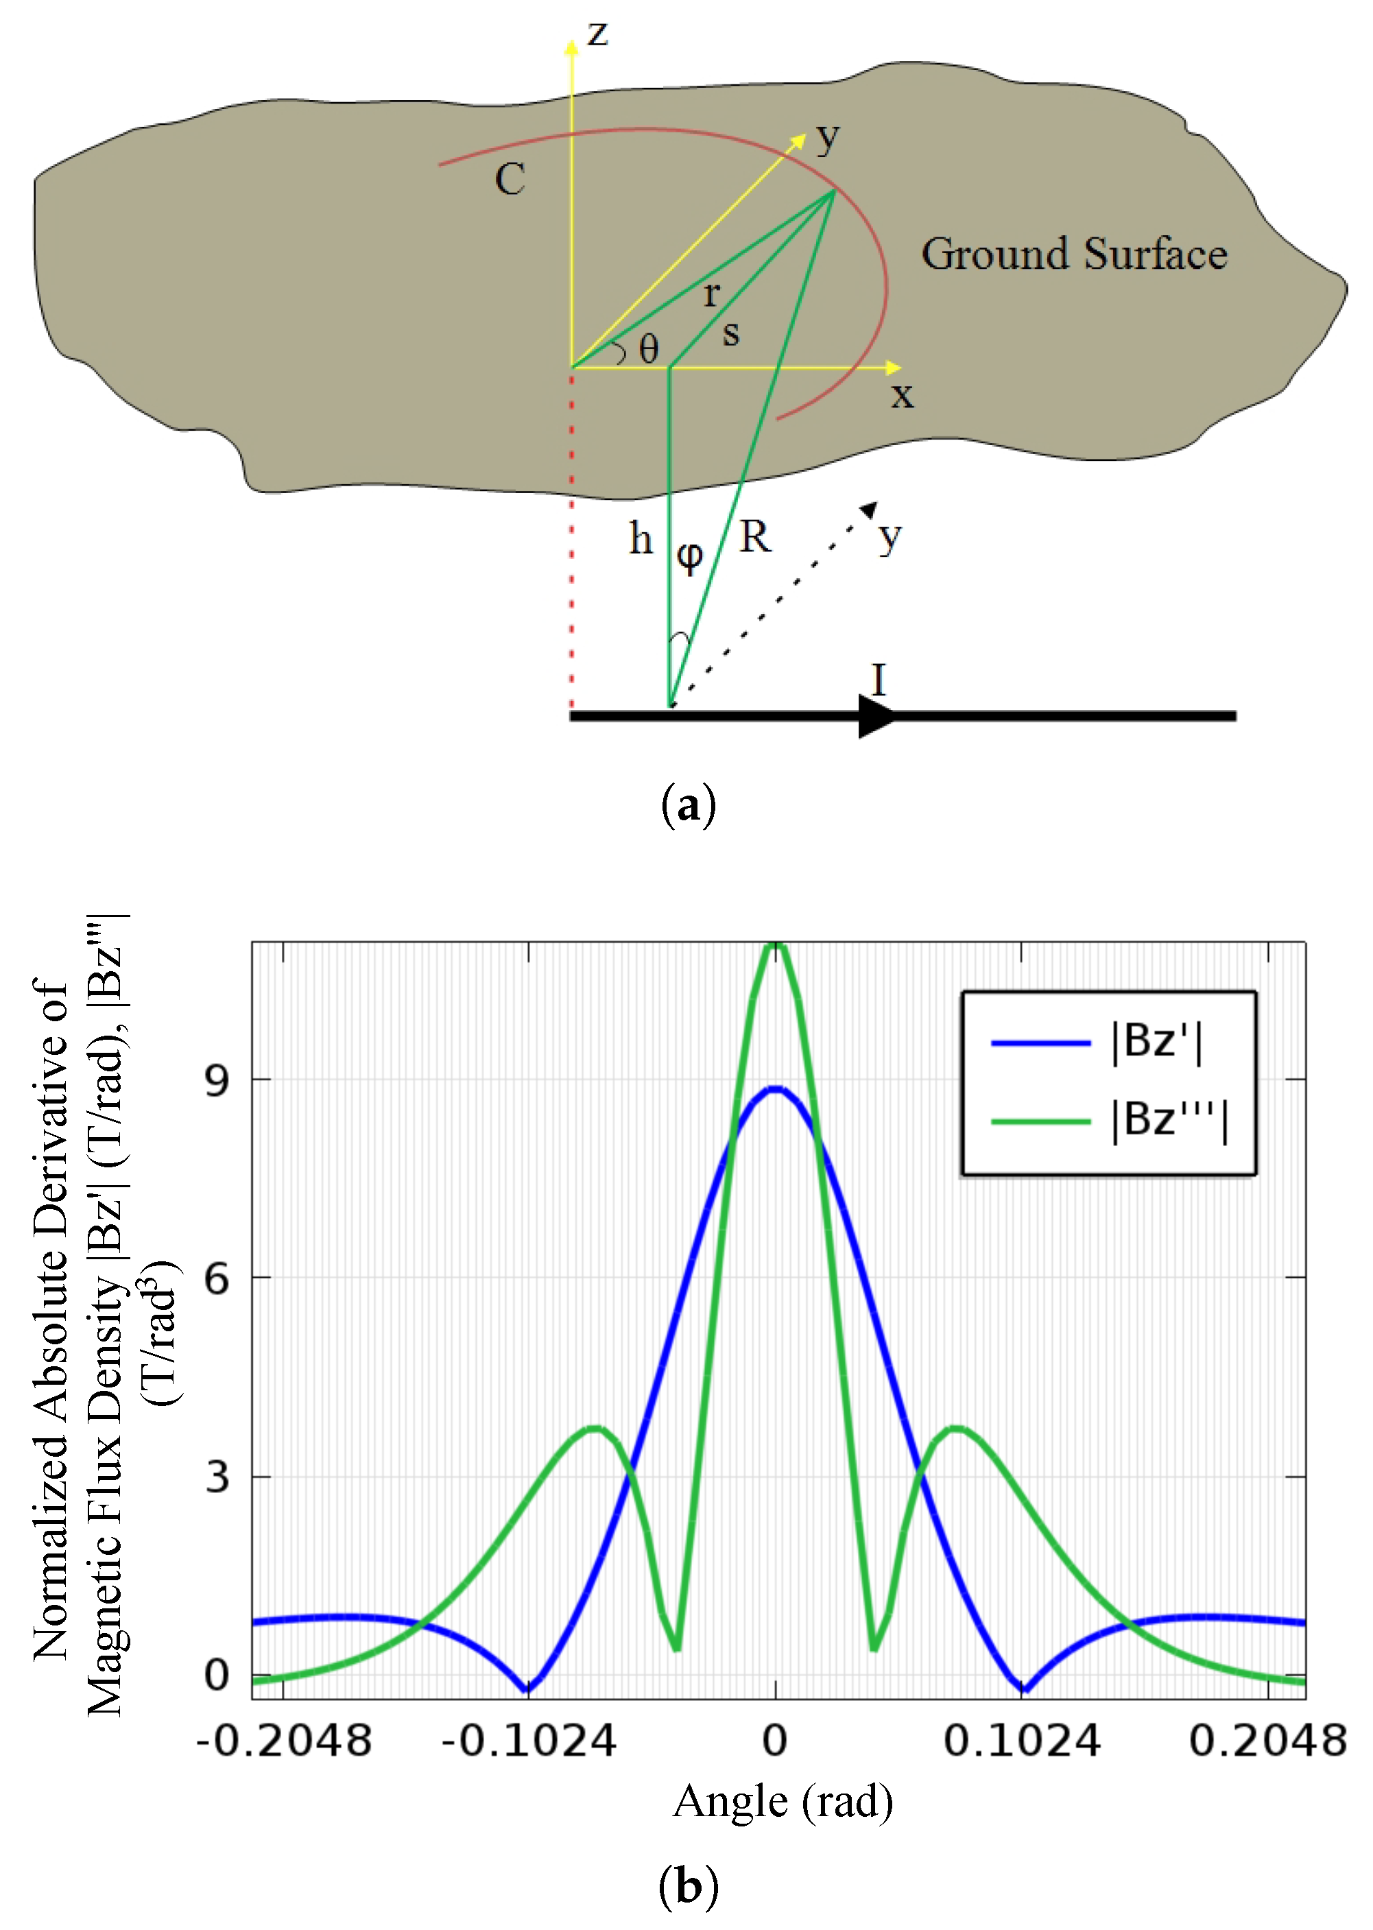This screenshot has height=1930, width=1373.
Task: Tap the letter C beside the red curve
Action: pos(510,179)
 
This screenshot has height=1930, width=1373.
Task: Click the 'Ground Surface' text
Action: pos(1074,254)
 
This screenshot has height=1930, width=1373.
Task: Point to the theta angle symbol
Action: pos(649,348)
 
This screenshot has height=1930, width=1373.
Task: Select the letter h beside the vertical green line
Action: pos(641,538)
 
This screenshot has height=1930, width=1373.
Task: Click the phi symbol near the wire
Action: pos(690,556)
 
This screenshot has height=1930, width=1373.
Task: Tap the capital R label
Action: pos(755,537)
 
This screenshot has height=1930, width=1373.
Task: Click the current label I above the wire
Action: pos(879,680)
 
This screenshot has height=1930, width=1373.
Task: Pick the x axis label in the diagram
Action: pos(902,395)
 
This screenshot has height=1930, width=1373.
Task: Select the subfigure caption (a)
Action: pos(688,804)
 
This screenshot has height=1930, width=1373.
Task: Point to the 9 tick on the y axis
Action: pos(217,1080)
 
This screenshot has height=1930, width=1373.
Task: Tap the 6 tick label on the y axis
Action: pos(217,1277)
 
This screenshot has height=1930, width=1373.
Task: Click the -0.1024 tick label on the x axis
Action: pos(528,1741)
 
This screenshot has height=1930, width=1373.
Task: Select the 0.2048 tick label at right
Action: pos(1267,1741)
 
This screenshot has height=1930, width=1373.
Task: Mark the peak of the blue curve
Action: pos(775,1089)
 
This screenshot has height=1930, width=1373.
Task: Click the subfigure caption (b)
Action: pos(688,1886)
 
